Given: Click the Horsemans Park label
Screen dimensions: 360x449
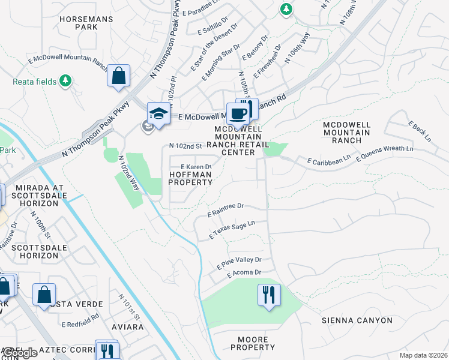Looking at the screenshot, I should coord(86,23).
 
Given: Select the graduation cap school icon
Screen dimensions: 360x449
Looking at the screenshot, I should coord(158,113).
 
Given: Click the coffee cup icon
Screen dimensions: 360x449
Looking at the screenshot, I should coord(238,114).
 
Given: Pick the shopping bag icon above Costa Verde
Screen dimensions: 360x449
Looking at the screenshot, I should coord(44,295).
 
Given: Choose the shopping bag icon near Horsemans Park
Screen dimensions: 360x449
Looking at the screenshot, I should coord(119,76).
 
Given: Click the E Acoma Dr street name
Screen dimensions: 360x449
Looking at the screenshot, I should coord(244,273).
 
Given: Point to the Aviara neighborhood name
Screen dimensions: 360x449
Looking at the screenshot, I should coord(128,327).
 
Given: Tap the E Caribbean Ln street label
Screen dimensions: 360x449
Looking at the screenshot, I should coord(328,160).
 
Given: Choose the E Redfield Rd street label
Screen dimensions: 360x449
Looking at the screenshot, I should coord(80,323).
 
